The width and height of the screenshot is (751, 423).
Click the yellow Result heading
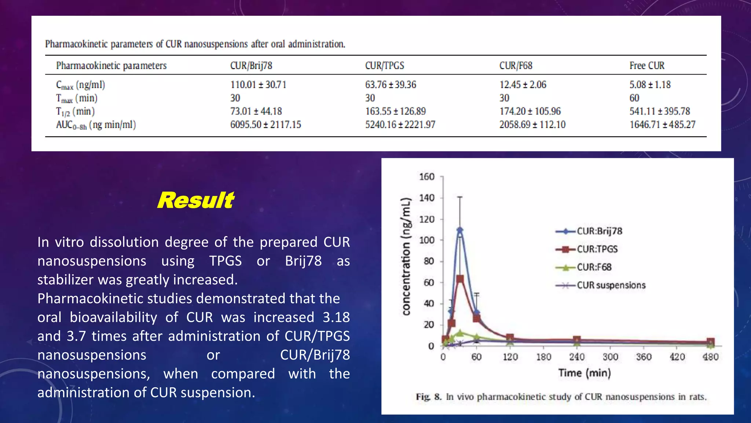click(x=195, y=200)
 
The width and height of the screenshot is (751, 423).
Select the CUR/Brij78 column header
click(x=251, y=66)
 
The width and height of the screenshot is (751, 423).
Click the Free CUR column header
click(x=647, y=66)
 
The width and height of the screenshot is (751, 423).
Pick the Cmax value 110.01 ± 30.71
click(x=258, y=85)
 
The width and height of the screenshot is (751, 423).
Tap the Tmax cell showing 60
click(x=634, y=98)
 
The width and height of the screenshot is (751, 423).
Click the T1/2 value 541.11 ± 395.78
click(x=659, y=111)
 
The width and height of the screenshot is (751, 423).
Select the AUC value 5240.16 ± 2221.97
click(x=400, y=125)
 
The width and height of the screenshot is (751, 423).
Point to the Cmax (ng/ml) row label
click(x=80, y=85)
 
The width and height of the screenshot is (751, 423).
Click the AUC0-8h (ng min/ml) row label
click(x=96, y=125)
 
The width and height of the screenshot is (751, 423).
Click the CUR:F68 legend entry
click(x=594, y=267)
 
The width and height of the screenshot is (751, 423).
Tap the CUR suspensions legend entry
click(x=611, y=285)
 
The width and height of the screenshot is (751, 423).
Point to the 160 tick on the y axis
click(x=426, y=177)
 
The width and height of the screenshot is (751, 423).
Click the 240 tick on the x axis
click(x=576, y=357)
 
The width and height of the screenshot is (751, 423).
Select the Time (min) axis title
click(x=585, y=373)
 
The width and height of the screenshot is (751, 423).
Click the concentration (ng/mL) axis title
click(x=406, y=256)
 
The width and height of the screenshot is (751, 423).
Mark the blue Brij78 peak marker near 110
click(x=460, y=230)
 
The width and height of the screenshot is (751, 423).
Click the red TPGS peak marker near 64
click(x=460, y=279)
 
